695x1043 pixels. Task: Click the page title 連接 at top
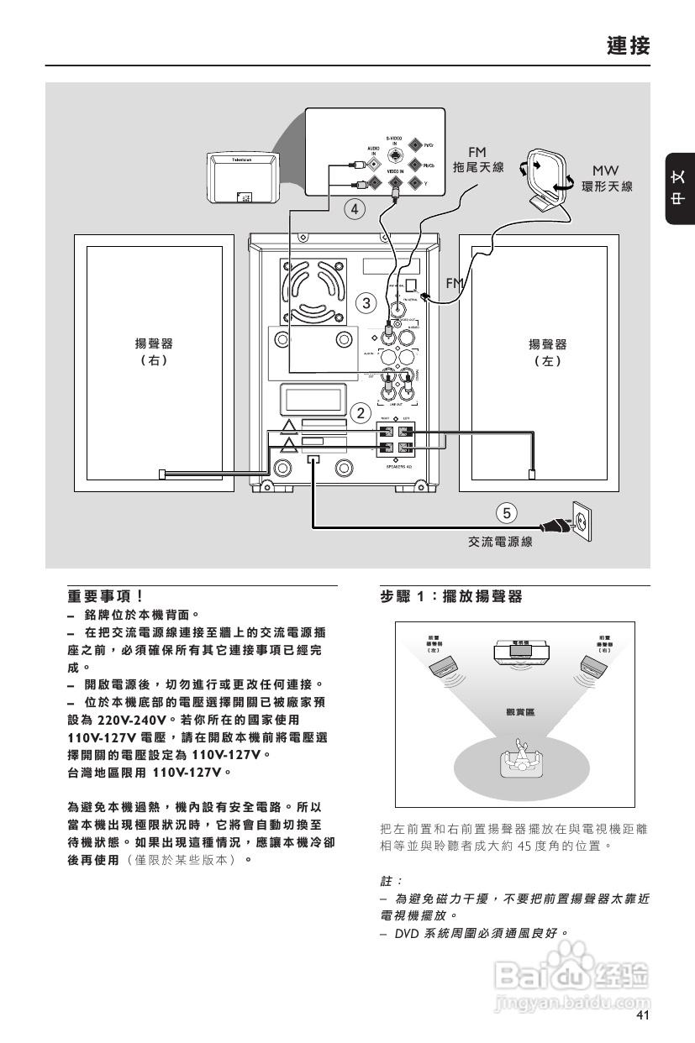click(628, 45)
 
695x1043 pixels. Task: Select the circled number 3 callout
click(365, 301)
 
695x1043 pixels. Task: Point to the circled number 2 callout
click(361, 413)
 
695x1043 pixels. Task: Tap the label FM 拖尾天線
click(477, 160)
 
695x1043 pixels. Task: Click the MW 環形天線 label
click(607, 178)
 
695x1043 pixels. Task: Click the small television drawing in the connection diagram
click(242, 177)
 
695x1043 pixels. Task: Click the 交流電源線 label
click(500, 542)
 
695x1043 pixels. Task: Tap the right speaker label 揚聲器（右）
click(155, 352)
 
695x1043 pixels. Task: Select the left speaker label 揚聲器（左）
click(547, 352)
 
